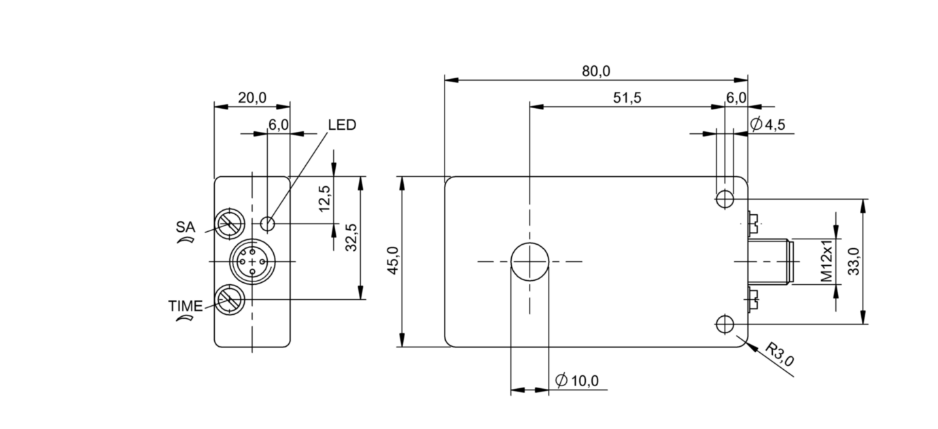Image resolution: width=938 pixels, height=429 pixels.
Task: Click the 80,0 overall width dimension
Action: [x=596, y=71]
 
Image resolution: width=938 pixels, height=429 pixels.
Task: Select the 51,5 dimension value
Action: [x=627, y=98]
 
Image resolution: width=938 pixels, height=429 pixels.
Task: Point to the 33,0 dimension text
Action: [x=854, y=262]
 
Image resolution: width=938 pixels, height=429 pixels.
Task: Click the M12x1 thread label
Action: [x=827, y=261]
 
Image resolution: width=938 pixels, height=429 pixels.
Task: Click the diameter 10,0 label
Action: [x=577, y=381]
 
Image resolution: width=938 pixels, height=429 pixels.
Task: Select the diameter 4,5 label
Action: [x=768, y=124]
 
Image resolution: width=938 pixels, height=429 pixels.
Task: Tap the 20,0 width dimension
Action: [x=251, y=98]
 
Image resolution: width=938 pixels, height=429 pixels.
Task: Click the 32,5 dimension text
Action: [x=351, y=237]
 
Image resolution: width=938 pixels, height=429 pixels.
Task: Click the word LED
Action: [x=342, y=125]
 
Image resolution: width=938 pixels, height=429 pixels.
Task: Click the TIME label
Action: [x=185, y=306]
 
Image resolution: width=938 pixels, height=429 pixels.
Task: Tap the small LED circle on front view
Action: [x=268, y=222]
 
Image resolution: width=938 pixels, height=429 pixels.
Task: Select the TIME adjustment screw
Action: [x=229, y=300]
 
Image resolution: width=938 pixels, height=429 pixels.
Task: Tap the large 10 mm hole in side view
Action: [x=529, y=262]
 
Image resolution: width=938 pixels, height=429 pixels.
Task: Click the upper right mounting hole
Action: [x=725, y=199]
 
